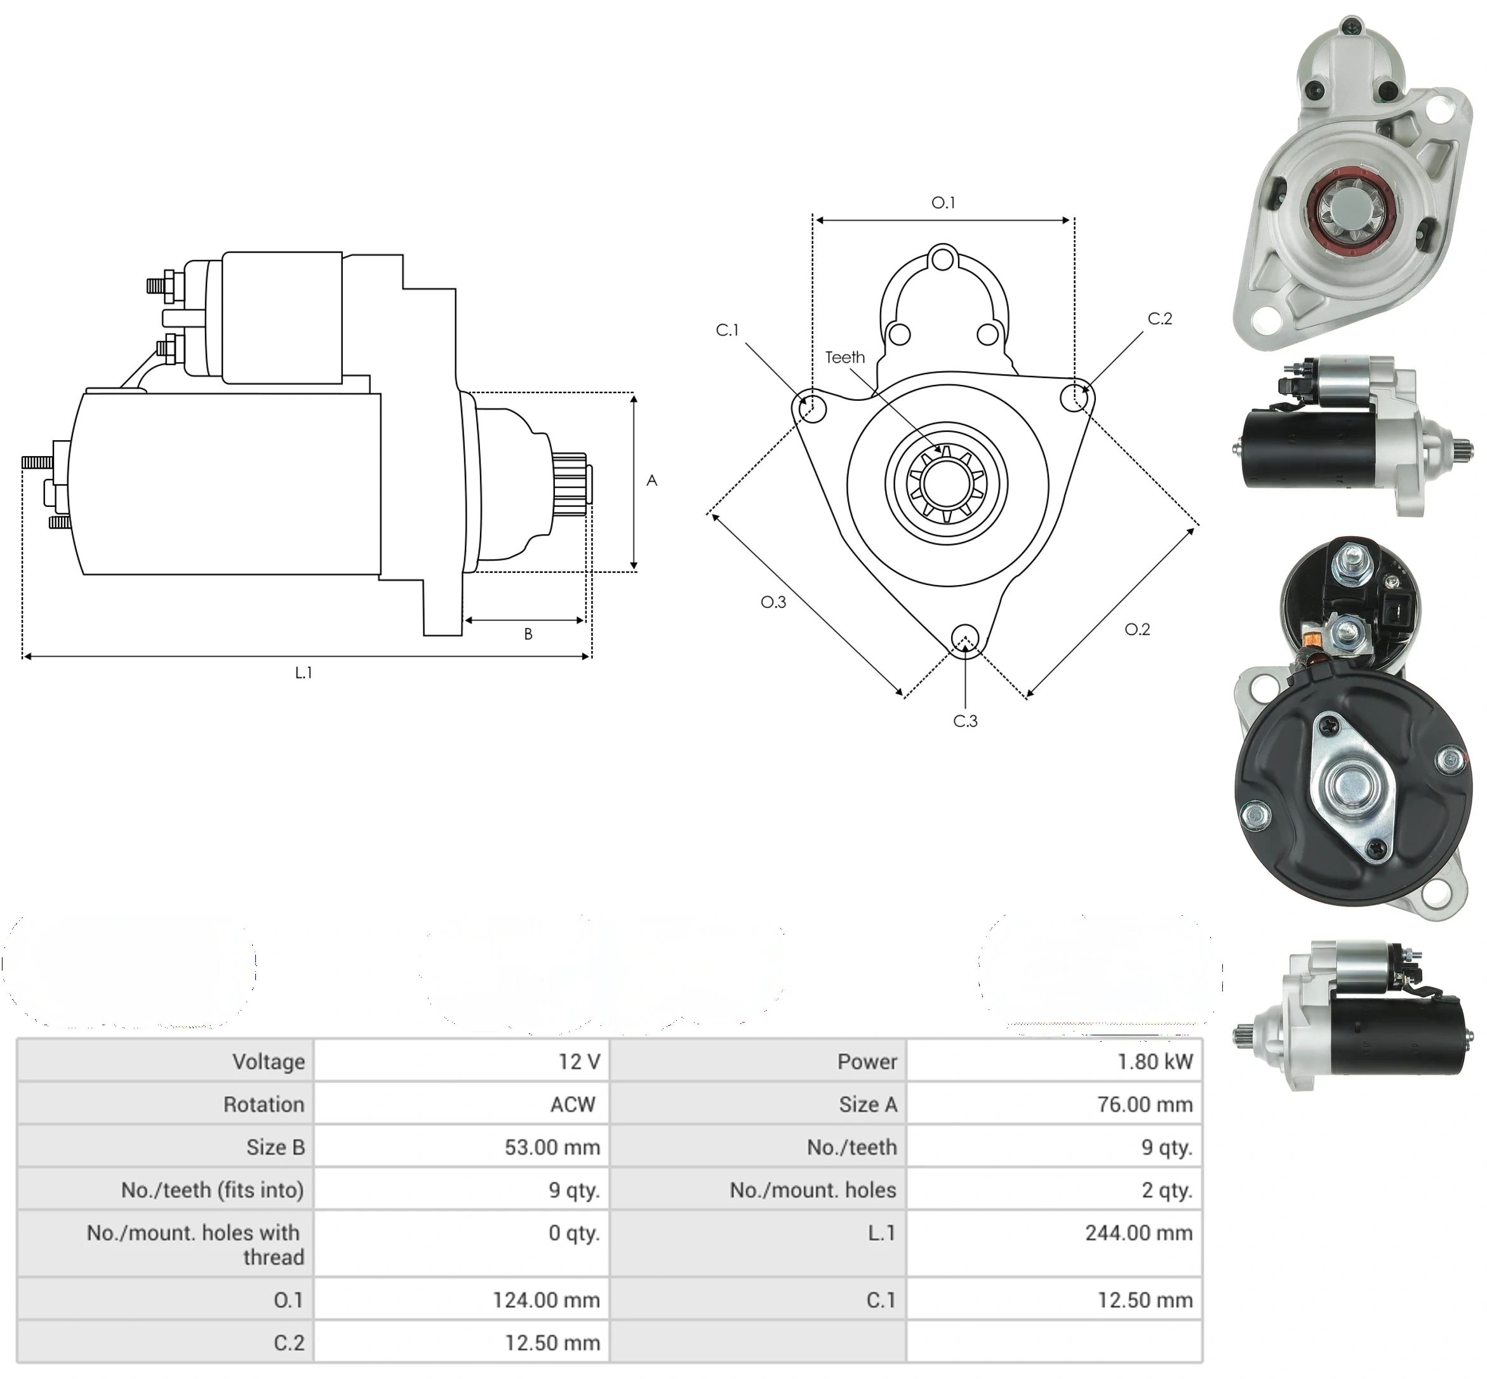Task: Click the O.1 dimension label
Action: pyautogui.click(x=944, y=202)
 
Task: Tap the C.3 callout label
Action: pyautogui.click(x=965, y=721)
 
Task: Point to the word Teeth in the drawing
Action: pyautogui.click(x=845, y=358)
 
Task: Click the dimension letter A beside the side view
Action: pyautogui.click(x=652, y=481)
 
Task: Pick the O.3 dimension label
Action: pyautogui.click(x=773, y=602)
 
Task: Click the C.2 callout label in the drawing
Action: pyautogui.click(x=1159, y=319)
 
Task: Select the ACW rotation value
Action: pyautogui.click(x=573, y=1105)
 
